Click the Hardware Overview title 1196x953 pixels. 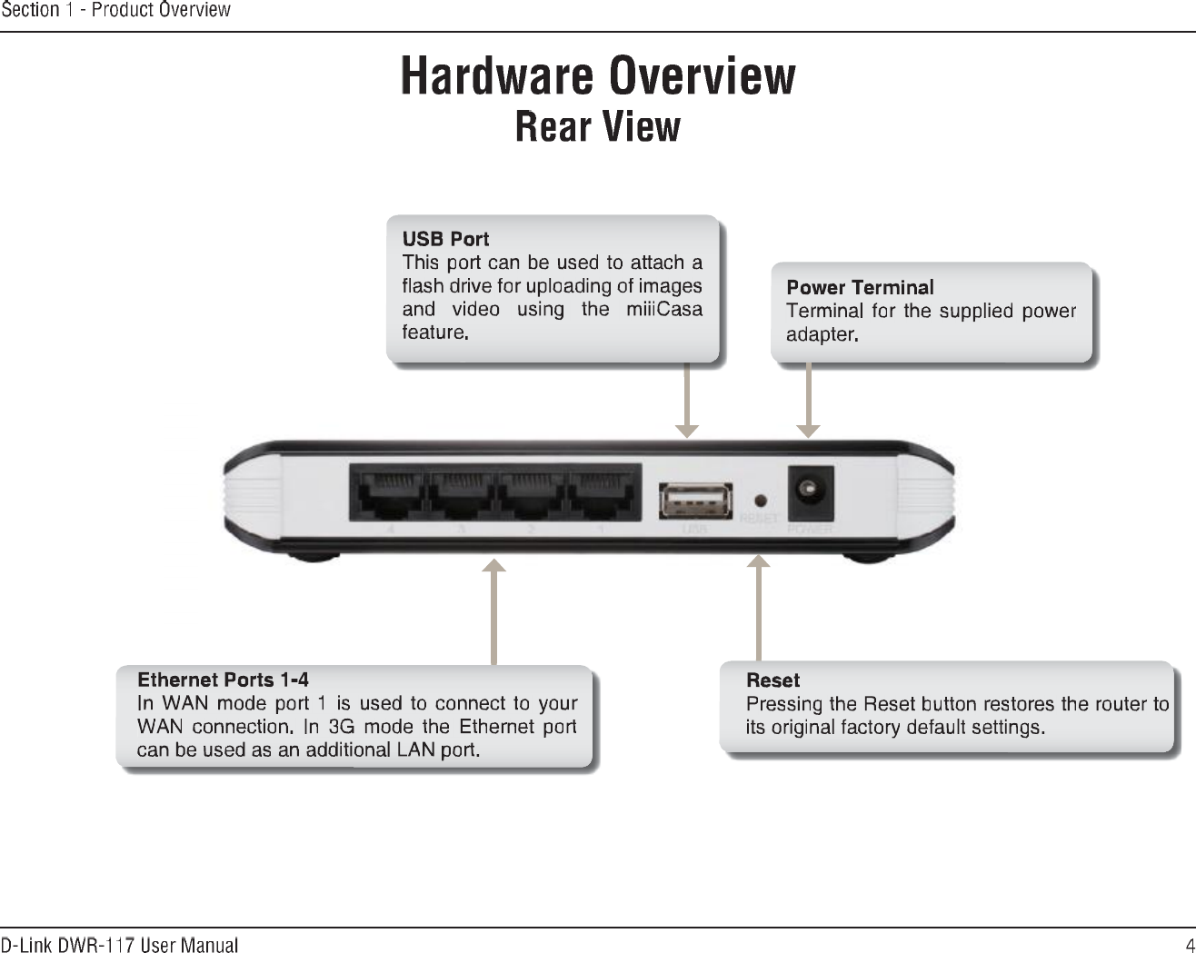tap(598, 76)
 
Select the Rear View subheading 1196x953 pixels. tap(597, 126)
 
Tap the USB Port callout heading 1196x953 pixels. tap(445, 239)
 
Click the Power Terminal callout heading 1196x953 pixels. tap(860, 287)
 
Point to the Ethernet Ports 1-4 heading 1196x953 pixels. tap(223, 680)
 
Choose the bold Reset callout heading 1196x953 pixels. tap(772, 680)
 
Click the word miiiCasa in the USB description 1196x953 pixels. tap(663, 309)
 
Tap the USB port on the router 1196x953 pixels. tap(695, 501)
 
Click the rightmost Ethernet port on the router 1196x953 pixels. tap(602, 496)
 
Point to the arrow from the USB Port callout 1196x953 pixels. tap(687, 401)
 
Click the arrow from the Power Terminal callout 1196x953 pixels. tap(808, 401)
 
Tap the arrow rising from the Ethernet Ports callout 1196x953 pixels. tap(493, 613)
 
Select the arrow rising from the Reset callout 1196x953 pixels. tap(758, 609)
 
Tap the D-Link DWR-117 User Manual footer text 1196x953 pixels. tap(119, 945)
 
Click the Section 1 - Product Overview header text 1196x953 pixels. tap(115, 10)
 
